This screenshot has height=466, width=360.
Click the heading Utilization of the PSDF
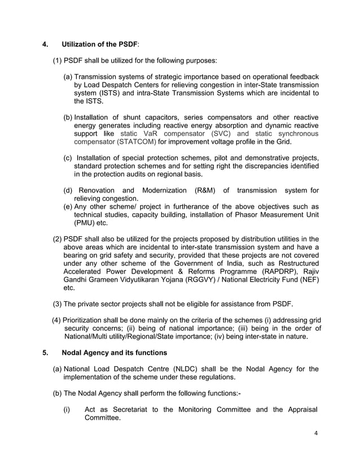coord(99,43)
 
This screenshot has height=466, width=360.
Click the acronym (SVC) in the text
coord(225,133)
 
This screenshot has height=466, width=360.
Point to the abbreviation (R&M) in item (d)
coord(208,190)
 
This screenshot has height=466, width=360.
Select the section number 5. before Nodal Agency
coord(46,353)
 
